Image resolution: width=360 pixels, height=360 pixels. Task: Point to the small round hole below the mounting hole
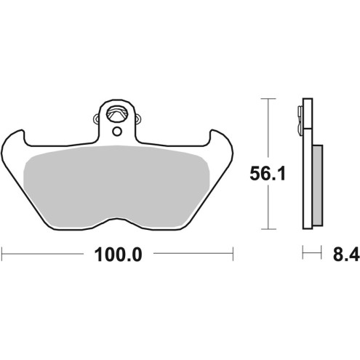(x=116, y=131)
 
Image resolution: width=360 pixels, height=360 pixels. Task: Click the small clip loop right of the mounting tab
(x=135, y=117)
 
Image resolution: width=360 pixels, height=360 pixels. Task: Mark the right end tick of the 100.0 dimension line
(x=232, y=254)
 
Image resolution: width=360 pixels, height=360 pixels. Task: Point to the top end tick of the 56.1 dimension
(x=270, y=97)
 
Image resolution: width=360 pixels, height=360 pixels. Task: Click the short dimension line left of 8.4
(x=311, y=254)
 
